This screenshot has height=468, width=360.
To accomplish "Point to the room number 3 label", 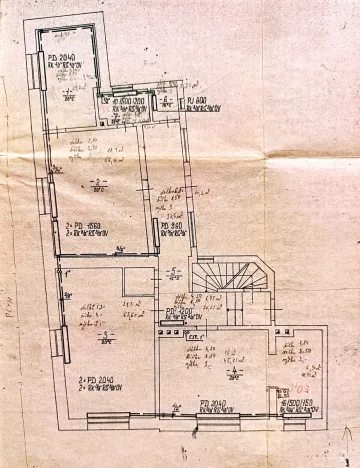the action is pos(103,338).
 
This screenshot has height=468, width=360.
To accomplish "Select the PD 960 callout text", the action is pos(170,228).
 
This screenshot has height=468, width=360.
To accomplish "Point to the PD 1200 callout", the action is pos(177,312).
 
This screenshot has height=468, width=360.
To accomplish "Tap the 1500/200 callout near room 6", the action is pos(125,100).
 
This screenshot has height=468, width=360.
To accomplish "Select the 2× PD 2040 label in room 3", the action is pos(101,381).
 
